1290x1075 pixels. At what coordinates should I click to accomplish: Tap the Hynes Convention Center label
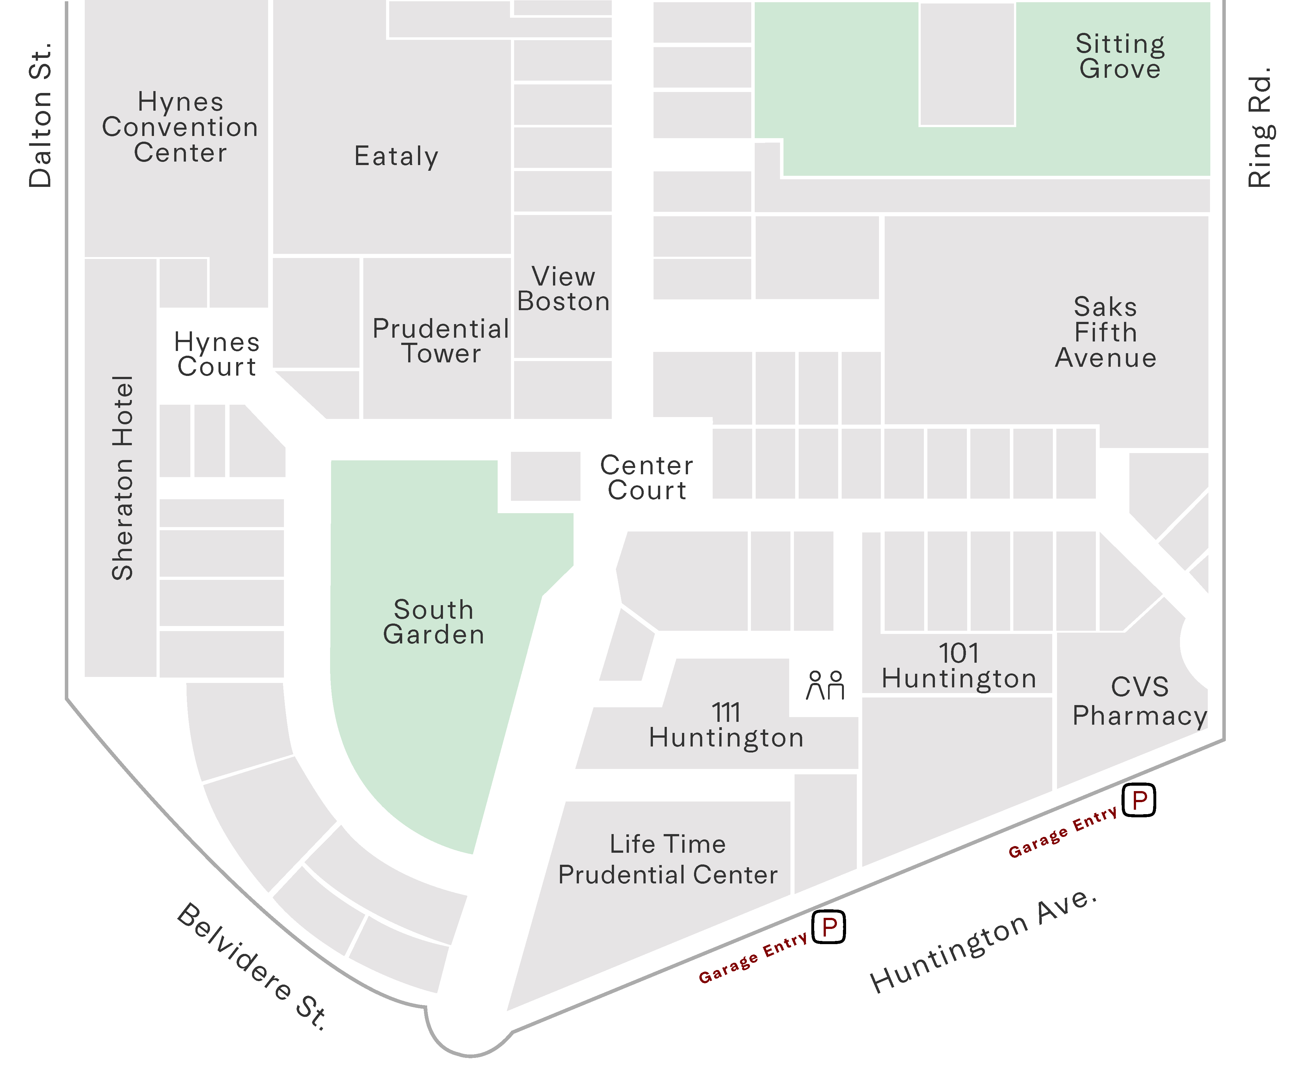point(180,127)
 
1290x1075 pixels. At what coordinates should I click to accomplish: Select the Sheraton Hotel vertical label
point(123,478)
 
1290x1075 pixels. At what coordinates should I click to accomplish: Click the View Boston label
point(563,289)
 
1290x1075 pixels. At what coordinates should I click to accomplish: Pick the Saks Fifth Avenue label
point(1106,332)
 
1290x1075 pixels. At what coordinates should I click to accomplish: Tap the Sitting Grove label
point(1120,56)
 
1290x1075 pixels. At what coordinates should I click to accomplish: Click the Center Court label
point(647,478)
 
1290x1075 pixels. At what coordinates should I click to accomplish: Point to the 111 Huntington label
point(726,725)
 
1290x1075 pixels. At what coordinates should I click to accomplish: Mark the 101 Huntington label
point(959,666)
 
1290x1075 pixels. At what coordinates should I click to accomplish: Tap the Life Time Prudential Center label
point(668,859)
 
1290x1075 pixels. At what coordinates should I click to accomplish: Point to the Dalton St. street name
point(40,115)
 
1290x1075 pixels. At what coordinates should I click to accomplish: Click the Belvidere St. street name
point(252,966)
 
